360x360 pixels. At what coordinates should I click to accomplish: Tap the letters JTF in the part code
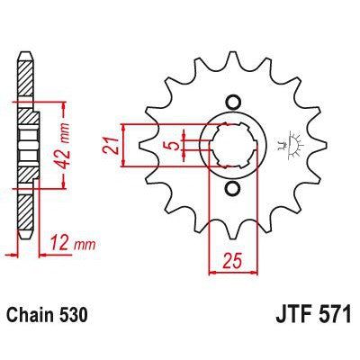(287, 318)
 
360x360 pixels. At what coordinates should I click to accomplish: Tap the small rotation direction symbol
(291, 143)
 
